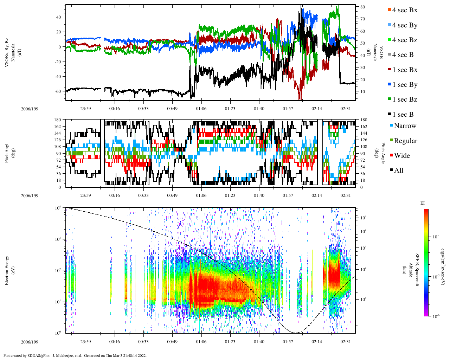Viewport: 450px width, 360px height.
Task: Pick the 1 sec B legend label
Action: click(x=403, y=115)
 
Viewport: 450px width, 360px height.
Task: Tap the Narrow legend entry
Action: click(x=405, y=126)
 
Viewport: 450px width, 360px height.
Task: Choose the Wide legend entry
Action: click(x=401, y=156)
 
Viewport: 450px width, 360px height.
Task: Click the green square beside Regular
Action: click(x=392, y=141)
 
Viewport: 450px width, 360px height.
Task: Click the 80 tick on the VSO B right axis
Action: click(x=362, y=7)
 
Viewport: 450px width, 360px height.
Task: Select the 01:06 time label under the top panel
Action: click(x=201, y=109)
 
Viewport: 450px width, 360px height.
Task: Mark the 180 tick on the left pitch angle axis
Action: click(x=58, y=120)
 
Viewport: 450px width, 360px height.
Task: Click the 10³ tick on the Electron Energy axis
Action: click(x=58, y=239)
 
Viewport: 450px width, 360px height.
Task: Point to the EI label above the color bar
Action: click(x=423, y=203)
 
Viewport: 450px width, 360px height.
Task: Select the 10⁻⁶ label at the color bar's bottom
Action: click(x=436, y=316)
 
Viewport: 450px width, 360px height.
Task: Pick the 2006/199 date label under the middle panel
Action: click(x=30, y=195)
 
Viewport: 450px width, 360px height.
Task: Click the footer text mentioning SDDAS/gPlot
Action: click(x=75, y=355)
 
